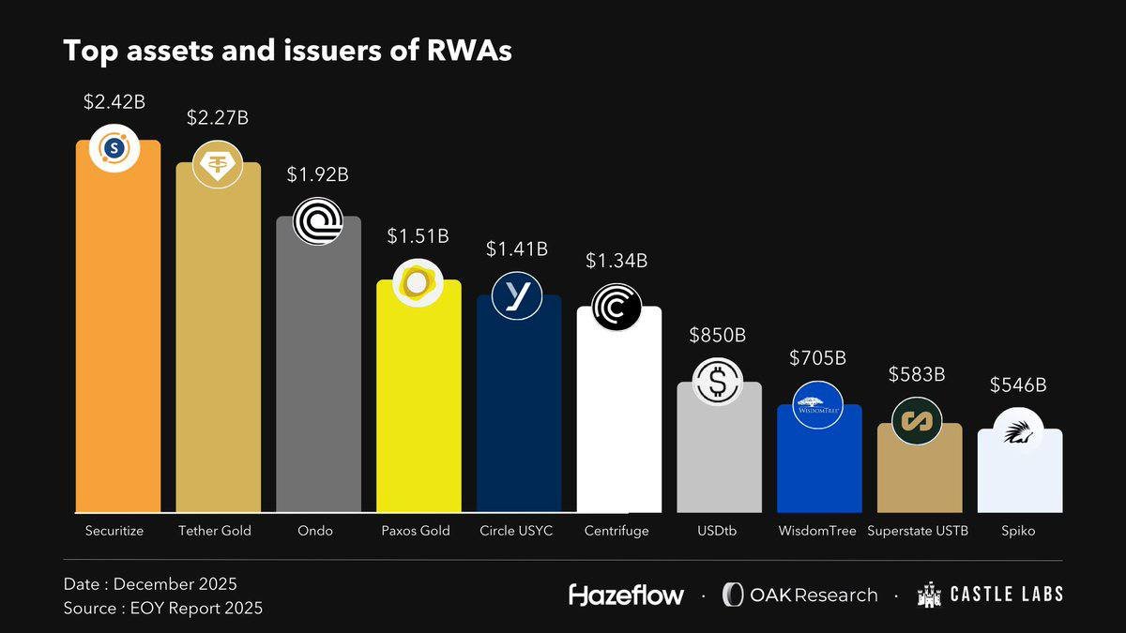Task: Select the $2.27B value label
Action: tap(217, 118)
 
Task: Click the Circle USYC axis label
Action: tap(518, 531)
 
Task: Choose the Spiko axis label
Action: tap(1018, 531)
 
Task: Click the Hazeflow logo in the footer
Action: tap(626, 595)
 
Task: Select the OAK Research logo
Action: tap(799, 595)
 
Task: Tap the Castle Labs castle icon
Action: tap(930, 595)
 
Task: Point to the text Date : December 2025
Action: tap(150, 583)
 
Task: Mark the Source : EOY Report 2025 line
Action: tap(162, 608)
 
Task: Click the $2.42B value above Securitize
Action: tap(117, 100)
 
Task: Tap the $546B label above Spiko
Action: tap(1018, 384)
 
